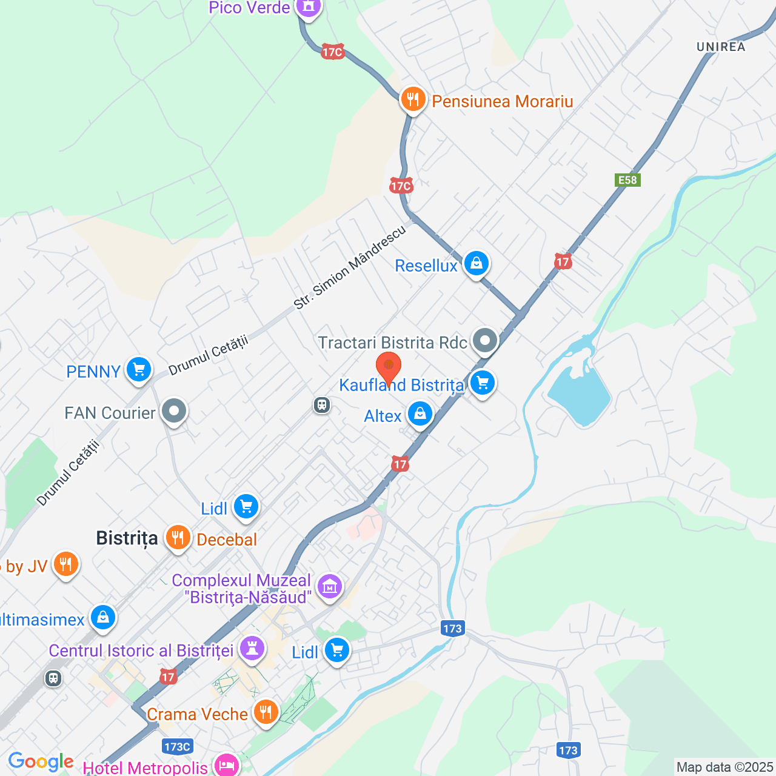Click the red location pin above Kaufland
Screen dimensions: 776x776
(388, 367)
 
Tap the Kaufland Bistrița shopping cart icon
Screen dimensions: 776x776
(483, 383)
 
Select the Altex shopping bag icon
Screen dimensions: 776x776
(420, 415)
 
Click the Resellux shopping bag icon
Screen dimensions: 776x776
(477, 264)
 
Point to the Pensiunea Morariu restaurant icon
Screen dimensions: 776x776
(413, 99)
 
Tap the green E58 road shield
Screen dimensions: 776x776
(627, 180)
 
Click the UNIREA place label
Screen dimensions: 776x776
(721, 47)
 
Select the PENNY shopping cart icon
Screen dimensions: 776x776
(138, 369)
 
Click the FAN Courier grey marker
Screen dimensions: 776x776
(174, 411)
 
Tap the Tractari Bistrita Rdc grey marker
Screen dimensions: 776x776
(484, 341)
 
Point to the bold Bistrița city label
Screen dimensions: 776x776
(127, 538)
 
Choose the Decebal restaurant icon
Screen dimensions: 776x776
(178, 538)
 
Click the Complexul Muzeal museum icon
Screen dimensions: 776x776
(330, 587)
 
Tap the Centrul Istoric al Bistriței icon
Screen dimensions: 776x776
(252, 648)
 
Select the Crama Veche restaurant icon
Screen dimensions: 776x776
(266, 712)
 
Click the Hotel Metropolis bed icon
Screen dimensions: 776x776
(227, 765)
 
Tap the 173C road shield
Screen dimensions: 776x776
(177, 746)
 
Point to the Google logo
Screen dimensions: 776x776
(41, 761)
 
